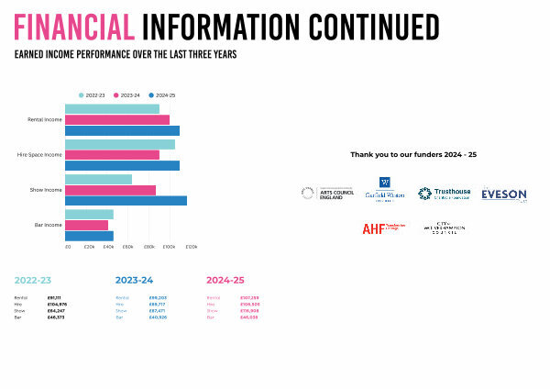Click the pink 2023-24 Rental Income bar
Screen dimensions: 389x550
pos(117,119)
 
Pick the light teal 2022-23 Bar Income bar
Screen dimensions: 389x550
pos(89,214)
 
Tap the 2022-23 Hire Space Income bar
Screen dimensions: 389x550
pos(119,144)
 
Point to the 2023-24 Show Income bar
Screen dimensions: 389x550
pos(110,190)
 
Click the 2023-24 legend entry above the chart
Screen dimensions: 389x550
pos(126,94)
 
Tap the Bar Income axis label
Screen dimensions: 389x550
pos(49,225)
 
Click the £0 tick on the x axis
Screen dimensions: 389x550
pos(67,247)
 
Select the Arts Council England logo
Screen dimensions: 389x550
pos(327,194)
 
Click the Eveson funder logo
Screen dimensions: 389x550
pos(503,194)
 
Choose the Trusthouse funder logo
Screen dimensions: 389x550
pos(444,194)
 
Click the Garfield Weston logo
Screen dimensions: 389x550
pos(384,191)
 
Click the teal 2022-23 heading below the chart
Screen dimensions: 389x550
pos(33,279)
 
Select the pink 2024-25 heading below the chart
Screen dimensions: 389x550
pos(225,279)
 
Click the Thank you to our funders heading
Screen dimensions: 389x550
pos(413,154)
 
